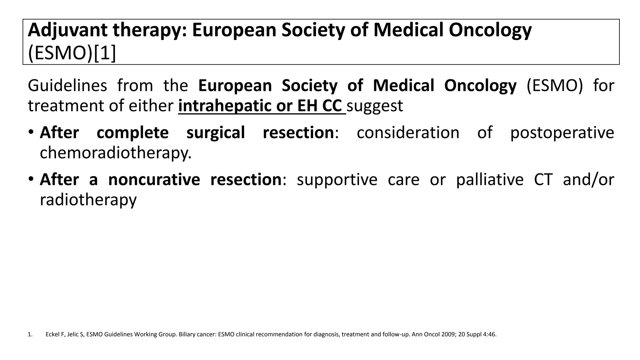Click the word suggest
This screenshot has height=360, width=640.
coord(375,106)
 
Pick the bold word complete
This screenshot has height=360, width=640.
coord(132,132)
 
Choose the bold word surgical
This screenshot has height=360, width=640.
coord(216,132)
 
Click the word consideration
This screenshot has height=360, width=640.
coord(408,132)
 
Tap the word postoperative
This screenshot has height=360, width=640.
coord(562,132)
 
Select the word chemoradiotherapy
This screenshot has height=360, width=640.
coord(115,153)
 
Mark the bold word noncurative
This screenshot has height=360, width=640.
coord(154,180)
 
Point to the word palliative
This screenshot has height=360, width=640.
coord(490,180)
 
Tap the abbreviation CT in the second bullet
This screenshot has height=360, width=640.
coord(543,180)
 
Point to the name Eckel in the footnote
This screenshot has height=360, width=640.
coord(52,334)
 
